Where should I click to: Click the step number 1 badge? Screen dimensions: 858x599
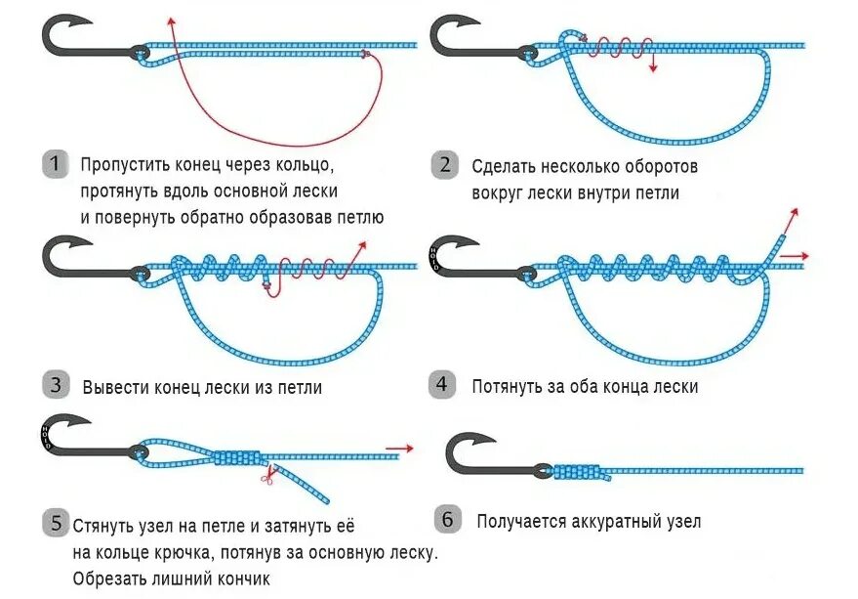click(56, 163)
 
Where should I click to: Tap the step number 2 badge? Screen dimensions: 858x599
click(445, 165)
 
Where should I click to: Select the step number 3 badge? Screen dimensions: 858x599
click(56, 385)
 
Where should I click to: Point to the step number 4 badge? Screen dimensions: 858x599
click(442, 384)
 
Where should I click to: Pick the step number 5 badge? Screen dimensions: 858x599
click(56, 525)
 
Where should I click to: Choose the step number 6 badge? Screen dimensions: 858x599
click(446, 519)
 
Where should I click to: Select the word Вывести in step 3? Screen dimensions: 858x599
click(115, 387)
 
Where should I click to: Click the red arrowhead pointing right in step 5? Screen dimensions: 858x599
click(407, 449)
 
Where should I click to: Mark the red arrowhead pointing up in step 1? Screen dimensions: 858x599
click(170, 21)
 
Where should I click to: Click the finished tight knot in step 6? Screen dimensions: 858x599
click(580, 473)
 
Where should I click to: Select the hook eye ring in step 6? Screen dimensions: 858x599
click(539, 471)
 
